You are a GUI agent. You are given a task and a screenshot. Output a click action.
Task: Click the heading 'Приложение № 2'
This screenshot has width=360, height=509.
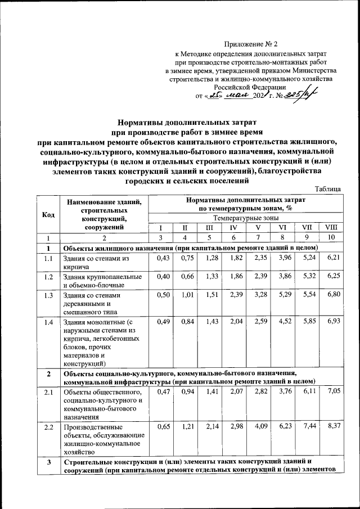(x=251, y=43)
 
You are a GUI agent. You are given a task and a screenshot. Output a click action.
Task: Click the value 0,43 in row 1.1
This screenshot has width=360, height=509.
(x=163, y=258)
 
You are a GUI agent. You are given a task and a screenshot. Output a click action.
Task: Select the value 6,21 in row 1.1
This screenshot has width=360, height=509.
(x=333, y=258)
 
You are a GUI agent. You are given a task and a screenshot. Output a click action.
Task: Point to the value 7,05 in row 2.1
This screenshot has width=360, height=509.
(x=333, y=391)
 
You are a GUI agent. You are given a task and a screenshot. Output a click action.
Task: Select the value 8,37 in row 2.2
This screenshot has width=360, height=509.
(x=333, y=426)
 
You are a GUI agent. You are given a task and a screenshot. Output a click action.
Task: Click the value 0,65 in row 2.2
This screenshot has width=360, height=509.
(x=163, y=426)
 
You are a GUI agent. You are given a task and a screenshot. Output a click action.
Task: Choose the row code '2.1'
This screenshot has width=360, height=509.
(x=49, y=391)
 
